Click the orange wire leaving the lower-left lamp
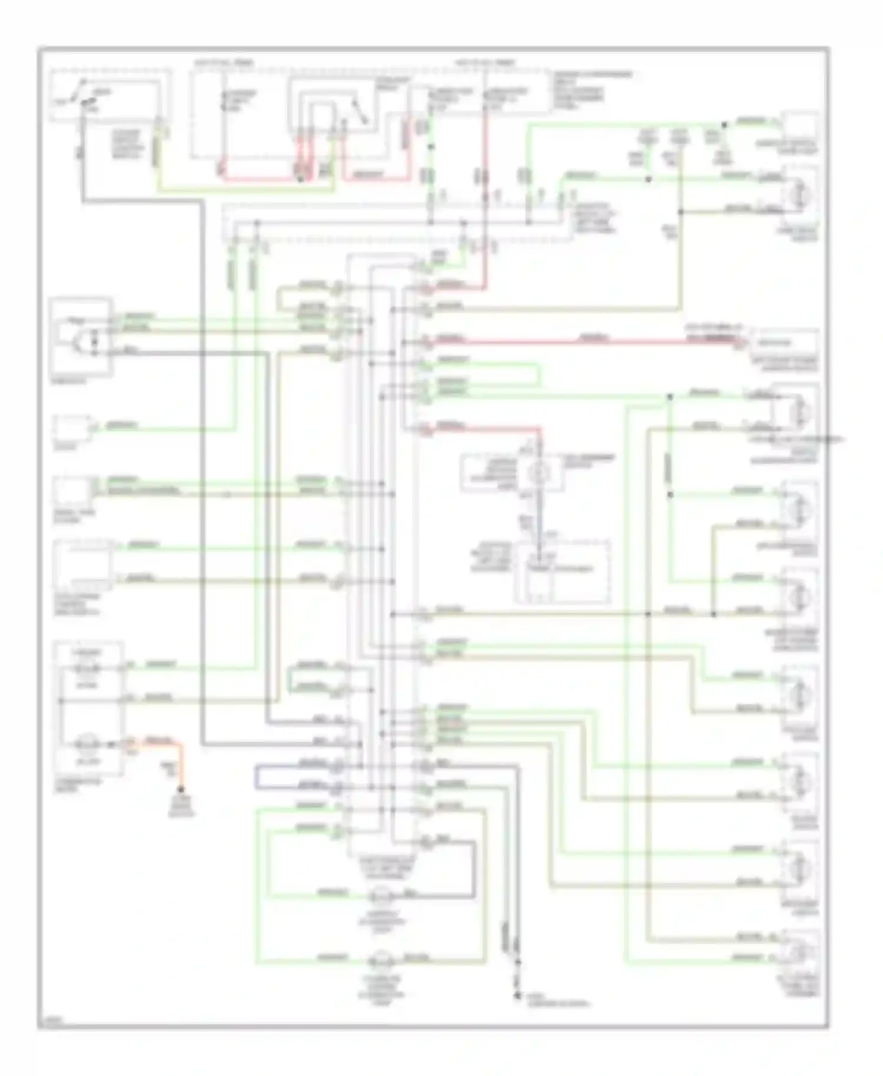click(171, 743)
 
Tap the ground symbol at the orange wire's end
click(181, 790)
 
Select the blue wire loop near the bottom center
click(257, 777)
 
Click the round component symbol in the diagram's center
click(536, 472)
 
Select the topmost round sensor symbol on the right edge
click(799, 195)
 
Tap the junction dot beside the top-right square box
click(724, 125)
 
